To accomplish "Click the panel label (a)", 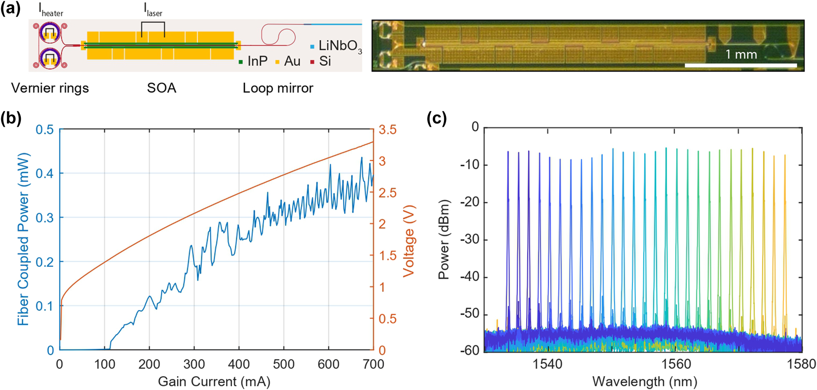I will [10, 8].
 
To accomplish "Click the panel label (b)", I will [11, 119].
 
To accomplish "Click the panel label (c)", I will [436, 119].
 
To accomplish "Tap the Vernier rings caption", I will [50, 88].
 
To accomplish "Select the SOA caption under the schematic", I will [161, 88].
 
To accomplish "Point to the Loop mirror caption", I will [278, 88].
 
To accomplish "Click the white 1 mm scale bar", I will [741, 65].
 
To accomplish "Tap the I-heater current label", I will [51, 10].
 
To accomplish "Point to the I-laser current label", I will [153, 10].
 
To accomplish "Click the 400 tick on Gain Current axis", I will [239, 364].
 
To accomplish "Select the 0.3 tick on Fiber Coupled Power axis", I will [45, 218].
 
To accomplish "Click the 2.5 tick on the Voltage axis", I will [387, 193].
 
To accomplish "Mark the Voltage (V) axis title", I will [409, 241].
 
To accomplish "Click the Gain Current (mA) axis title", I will [214, 381].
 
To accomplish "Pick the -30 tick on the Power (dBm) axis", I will [469, 239].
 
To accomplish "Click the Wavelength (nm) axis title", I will [645, 381].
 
